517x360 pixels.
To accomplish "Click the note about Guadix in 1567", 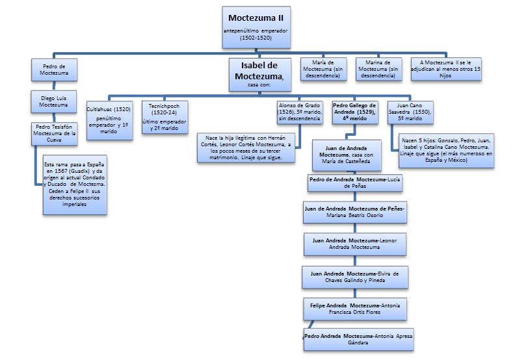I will pyautogui.click(x=73, y=184).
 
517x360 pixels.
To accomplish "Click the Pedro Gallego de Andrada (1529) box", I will pyautogui.click(x=355, y=112).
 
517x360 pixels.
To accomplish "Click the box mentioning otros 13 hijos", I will pyautogui.click(x=446, y=69).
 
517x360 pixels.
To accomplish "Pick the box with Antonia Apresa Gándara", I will pyautogui.click(x=358, y=339).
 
